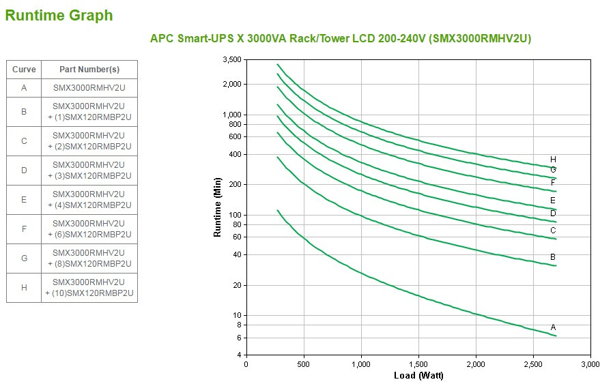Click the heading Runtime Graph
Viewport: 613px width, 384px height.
tap(59, 15)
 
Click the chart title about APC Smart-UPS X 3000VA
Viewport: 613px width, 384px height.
tap(340, 38)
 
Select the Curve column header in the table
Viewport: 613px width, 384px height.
tap(24, 69)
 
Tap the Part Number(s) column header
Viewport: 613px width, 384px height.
tap(89, 69)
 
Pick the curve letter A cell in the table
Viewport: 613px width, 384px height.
tap(24, 88)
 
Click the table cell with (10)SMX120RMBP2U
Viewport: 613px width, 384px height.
tap(89, 287)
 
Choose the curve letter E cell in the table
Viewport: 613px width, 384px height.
tap(24, 199)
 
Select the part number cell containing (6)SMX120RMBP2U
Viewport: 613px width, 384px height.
tap(89, 228)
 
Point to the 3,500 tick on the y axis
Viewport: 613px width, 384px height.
tap(232, 60)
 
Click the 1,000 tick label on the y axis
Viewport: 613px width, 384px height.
tap(232, 115)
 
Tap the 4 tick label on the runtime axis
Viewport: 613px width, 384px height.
tap(238, 355)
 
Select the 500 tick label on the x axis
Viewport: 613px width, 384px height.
tap(304, 364)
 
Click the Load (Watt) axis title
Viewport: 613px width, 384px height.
tap(418, 376)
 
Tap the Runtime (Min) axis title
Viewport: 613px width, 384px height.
tap(218, 207)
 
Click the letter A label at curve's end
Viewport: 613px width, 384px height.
tap(553, 327)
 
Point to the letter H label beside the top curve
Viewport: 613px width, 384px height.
tap(553, 160)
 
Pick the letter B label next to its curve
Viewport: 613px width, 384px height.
tap(553, 257)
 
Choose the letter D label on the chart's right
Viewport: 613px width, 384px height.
tap(553, 213)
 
